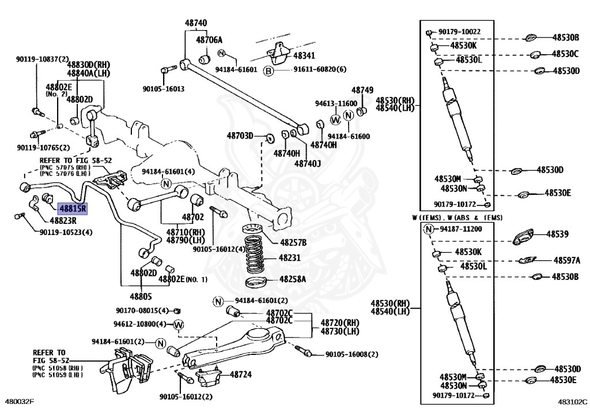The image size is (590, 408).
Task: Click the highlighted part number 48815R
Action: (x=72, y=208)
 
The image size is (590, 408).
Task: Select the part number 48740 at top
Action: (x=196, y=23)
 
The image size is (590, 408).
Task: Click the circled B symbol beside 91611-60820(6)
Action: (x=268, y=70)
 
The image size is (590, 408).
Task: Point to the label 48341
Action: (x=304, y=56)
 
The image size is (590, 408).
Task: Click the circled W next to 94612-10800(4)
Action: (x=179, y=325)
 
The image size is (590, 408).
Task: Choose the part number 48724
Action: (x=240, y=375)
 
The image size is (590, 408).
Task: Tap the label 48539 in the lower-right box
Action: (x=557, y=234)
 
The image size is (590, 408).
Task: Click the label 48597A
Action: (x=567, y=260)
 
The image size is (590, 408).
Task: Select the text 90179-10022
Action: (x=459, y=32)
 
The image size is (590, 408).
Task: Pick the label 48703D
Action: (x=240, y=136)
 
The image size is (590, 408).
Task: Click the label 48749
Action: (x=362, y=90)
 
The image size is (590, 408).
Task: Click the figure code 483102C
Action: (x=572, y=402)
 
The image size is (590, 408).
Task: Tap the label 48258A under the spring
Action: (x=293, y=279)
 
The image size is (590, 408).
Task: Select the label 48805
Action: (x=141, y=297)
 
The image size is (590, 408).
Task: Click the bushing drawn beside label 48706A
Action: (x=205, y=59)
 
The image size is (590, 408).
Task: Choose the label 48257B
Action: (x=293, y=242)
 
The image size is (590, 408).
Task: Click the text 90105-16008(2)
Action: (x=352, y=354)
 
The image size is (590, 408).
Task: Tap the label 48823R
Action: (x=63, y=221)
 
